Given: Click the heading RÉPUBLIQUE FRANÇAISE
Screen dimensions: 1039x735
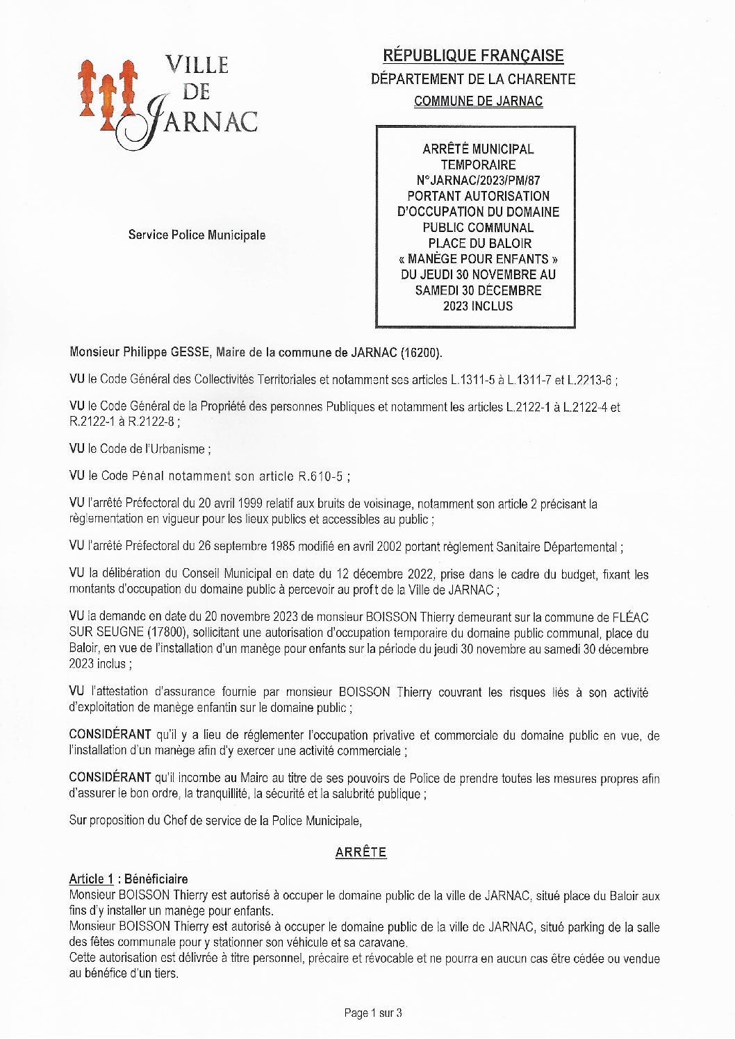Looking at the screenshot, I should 473,56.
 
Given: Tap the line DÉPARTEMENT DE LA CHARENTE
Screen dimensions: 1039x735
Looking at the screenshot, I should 473,79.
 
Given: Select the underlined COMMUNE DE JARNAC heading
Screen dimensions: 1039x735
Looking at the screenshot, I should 478,101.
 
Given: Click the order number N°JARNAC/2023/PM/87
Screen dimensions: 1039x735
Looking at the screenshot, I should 478,181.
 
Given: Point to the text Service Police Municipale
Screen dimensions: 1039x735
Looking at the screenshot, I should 197,235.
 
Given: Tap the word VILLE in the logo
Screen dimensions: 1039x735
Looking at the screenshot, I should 197,65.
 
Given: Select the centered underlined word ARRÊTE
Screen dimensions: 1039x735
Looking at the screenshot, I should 361,852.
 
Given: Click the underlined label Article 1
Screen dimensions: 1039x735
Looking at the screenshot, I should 91,879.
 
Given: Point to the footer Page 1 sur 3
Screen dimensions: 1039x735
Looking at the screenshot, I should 373,1013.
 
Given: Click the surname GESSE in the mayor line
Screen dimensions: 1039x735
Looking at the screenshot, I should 190,352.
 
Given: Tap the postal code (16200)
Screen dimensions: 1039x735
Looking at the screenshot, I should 420,352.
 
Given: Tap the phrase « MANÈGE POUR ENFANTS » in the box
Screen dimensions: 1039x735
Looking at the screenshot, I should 478,259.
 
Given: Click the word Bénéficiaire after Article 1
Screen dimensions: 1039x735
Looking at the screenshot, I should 156,879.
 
